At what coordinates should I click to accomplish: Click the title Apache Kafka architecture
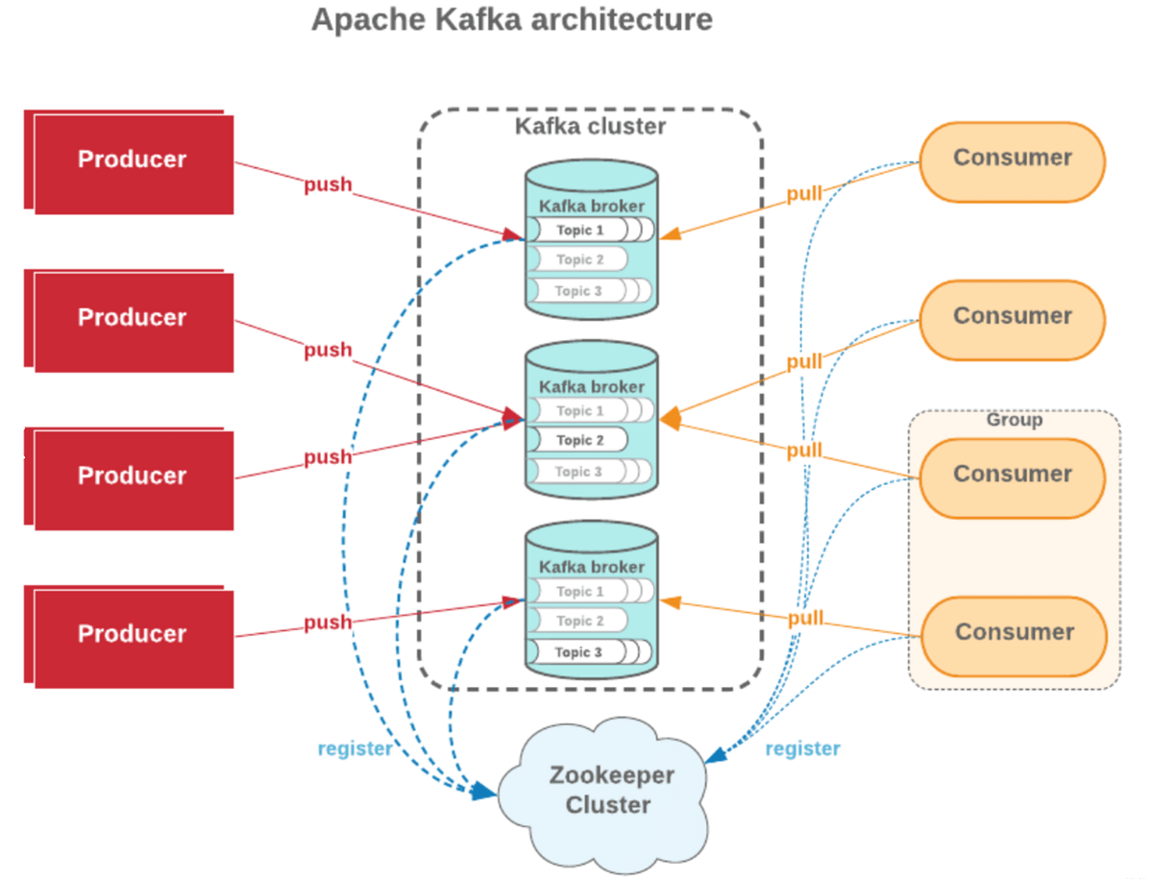pyautogui.click(x=512, y=19)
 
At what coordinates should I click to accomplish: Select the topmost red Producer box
pyautogui.click(x=133, y=160)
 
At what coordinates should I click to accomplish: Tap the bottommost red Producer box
pyautogui.click(x=133, y=635)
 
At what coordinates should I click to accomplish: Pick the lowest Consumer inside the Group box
pyautogui.click(x=1014, y=633)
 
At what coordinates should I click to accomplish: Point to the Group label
pyautogui.click(x=1014, y=421)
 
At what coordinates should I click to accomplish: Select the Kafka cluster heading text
pyautogui.click(x=590, y=127)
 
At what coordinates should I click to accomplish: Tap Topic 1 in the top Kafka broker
pyautogui.click(x=579, y=231)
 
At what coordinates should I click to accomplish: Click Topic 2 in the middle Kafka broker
pyautogui.click(x=579, y=441)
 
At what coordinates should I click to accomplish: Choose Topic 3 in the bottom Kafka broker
pyautogui.click(x=578, y=653)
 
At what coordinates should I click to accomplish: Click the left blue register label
pyautogui.click(x=355, y=749)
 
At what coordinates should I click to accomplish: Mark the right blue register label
pyautogui.click(x=802, y=749)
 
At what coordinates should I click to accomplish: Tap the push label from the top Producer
pyautogui.click(x=328, y=185)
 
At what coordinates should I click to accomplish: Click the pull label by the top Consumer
pyautogui.click(x=804, y=194)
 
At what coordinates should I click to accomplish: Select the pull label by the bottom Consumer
pyautogui.click(x=805, y=619)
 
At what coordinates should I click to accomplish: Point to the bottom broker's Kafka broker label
pyautogui.click(x=591, y=568)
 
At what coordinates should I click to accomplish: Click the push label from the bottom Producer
pyautogui.click(x=328, y=623)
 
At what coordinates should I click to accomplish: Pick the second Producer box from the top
pyautogui.click(x=133, y=319)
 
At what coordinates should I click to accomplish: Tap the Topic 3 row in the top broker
pyautogui.click(x=579, y=291)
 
